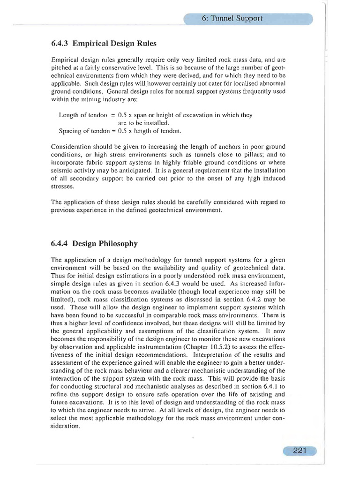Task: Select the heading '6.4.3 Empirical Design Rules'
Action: [x=103, y=44]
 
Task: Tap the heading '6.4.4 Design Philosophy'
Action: [x=94, y=243]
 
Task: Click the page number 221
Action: [x=300, y=451]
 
